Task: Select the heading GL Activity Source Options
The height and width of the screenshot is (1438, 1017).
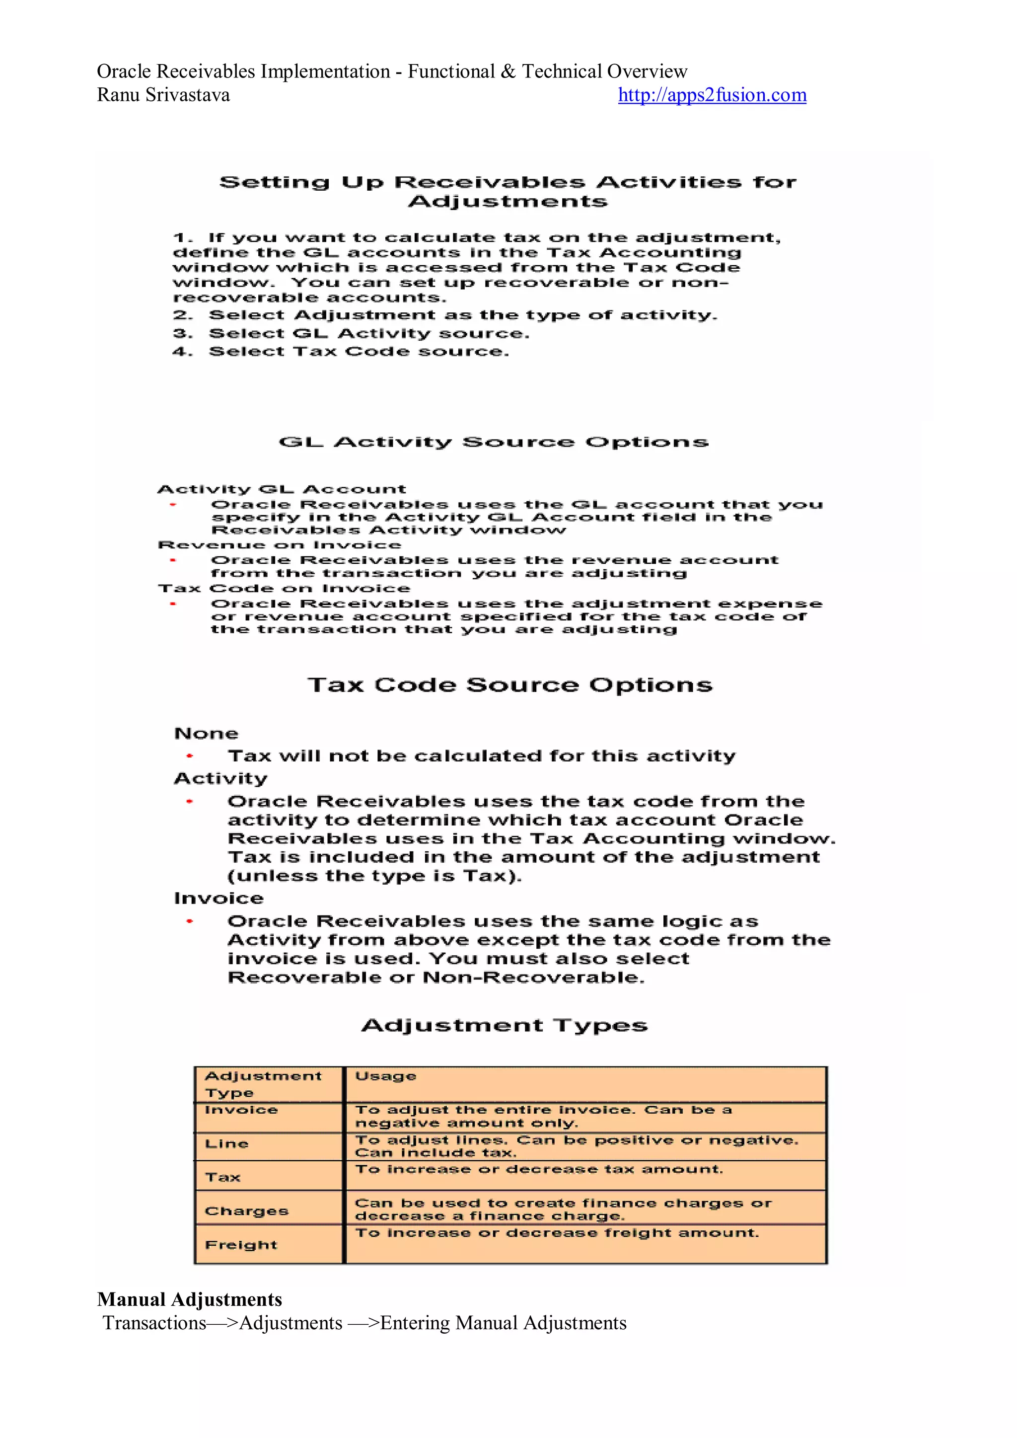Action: coord(494,442)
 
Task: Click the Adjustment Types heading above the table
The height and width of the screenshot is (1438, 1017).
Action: coord(504,1025)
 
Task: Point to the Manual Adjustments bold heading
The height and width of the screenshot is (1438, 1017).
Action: coord(189,1299)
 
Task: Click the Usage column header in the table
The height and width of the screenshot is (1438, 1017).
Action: coord(385,1076)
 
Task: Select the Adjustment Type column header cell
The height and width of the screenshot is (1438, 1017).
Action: coord(263,1084)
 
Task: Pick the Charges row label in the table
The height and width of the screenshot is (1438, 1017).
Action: coord(246,1211)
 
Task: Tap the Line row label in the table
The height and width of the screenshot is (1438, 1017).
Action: coord(227,1143)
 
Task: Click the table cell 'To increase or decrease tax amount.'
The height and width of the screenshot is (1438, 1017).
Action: coord(539,1169)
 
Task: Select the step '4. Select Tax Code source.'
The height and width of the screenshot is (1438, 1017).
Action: coord(341,351)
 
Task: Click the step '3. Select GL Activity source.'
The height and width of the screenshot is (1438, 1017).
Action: coord(351,333)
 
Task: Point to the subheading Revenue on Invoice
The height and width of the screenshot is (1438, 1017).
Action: coord(271,545)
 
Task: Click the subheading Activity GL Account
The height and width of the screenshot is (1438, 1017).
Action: coord(282,489)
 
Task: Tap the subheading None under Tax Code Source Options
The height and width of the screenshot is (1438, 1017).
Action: coord(206,734)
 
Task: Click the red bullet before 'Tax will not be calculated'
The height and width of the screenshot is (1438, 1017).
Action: coord(190,757)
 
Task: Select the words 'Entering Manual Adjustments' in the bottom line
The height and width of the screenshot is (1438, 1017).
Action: coord(503,1323)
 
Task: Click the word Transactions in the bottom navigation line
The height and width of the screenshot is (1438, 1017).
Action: coord(154,1323)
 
